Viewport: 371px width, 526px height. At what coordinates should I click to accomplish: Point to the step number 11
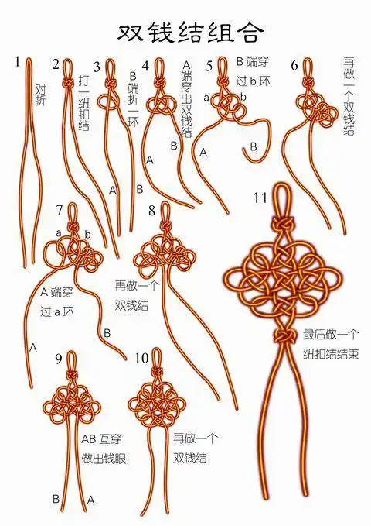[260, 195]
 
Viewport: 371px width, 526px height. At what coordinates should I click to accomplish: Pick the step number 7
[60, 209]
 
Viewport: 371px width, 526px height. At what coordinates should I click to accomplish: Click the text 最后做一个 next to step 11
[331, 335]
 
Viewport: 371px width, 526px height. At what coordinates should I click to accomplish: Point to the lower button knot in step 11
[284, 335]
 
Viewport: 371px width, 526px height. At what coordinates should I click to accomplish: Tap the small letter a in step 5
[206, 98]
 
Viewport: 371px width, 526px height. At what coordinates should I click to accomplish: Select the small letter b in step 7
[88, 233]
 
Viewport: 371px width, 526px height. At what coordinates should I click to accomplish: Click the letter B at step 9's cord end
[56, 500]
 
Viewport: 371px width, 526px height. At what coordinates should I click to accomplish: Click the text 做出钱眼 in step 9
[104, 459]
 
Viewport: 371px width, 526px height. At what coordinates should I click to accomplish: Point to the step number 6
[294, 64]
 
